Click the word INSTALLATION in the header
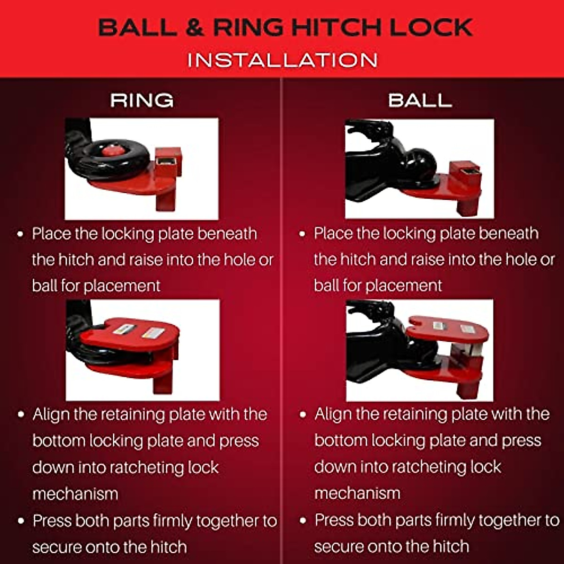(x=282, y=60)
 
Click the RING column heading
(x=142, y=100)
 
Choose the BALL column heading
(x=420, y=100)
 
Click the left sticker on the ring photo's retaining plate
(x=124, y=329)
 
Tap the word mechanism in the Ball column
(x=357, y=493)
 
